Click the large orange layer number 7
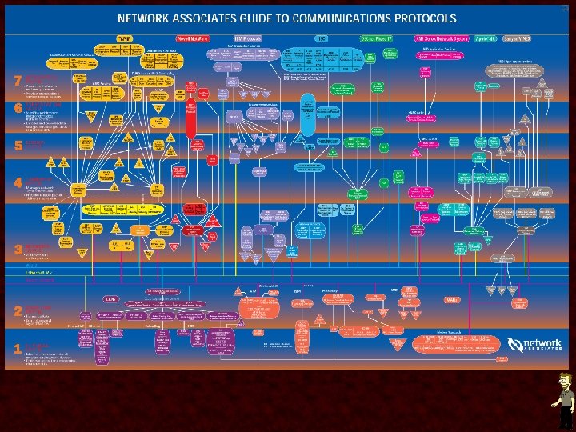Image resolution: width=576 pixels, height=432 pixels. (18, 81)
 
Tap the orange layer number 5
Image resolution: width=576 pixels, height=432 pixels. (18, 146)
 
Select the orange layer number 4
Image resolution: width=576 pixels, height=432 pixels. (18, 182)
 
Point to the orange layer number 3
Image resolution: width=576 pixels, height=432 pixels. (18, 250)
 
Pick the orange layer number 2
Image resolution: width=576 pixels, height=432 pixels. (18, 312)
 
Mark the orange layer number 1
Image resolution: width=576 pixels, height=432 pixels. (18, 349)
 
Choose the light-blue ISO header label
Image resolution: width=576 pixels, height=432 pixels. (321, 38)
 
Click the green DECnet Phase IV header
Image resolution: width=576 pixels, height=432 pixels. (379, 38)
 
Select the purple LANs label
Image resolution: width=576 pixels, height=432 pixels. (111, 298)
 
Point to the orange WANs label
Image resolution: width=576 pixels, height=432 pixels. (452, 298)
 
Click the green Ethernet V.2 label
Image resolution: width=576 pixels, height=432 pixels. (40, 273)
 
